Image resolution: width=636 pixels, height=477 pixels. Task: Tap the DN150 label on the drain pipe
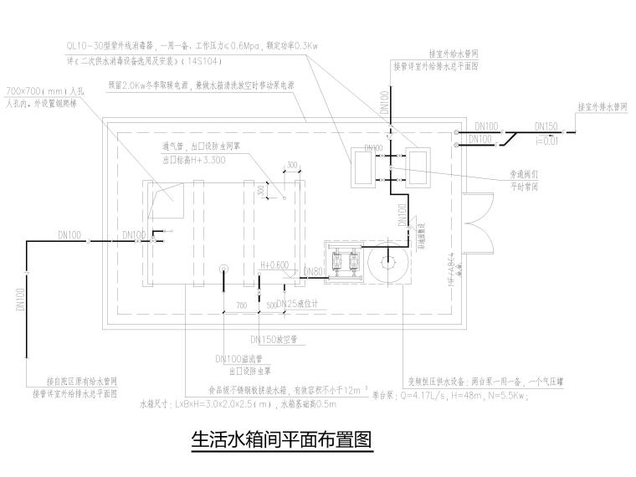pos(546,125)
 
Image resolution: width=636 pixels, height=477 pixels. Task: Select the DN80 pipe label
pos(312,271)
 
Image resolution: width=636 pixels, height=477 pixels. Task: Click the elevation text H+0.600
pos(274,264)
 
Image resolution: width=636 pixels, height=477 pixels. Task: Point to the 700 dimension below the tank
pos(242,306)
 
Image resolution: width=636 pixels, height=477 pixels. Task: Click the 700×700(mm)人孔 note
pos(41,90)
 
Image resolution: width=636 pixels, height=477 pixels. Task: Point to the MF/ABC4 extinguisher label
pos(453,269)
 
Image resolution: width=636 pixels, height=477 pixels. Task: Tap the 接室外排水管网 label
pos(602,107)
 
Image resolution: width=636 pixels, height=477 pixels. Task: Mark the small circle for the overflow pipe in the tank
pos(223,269)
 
